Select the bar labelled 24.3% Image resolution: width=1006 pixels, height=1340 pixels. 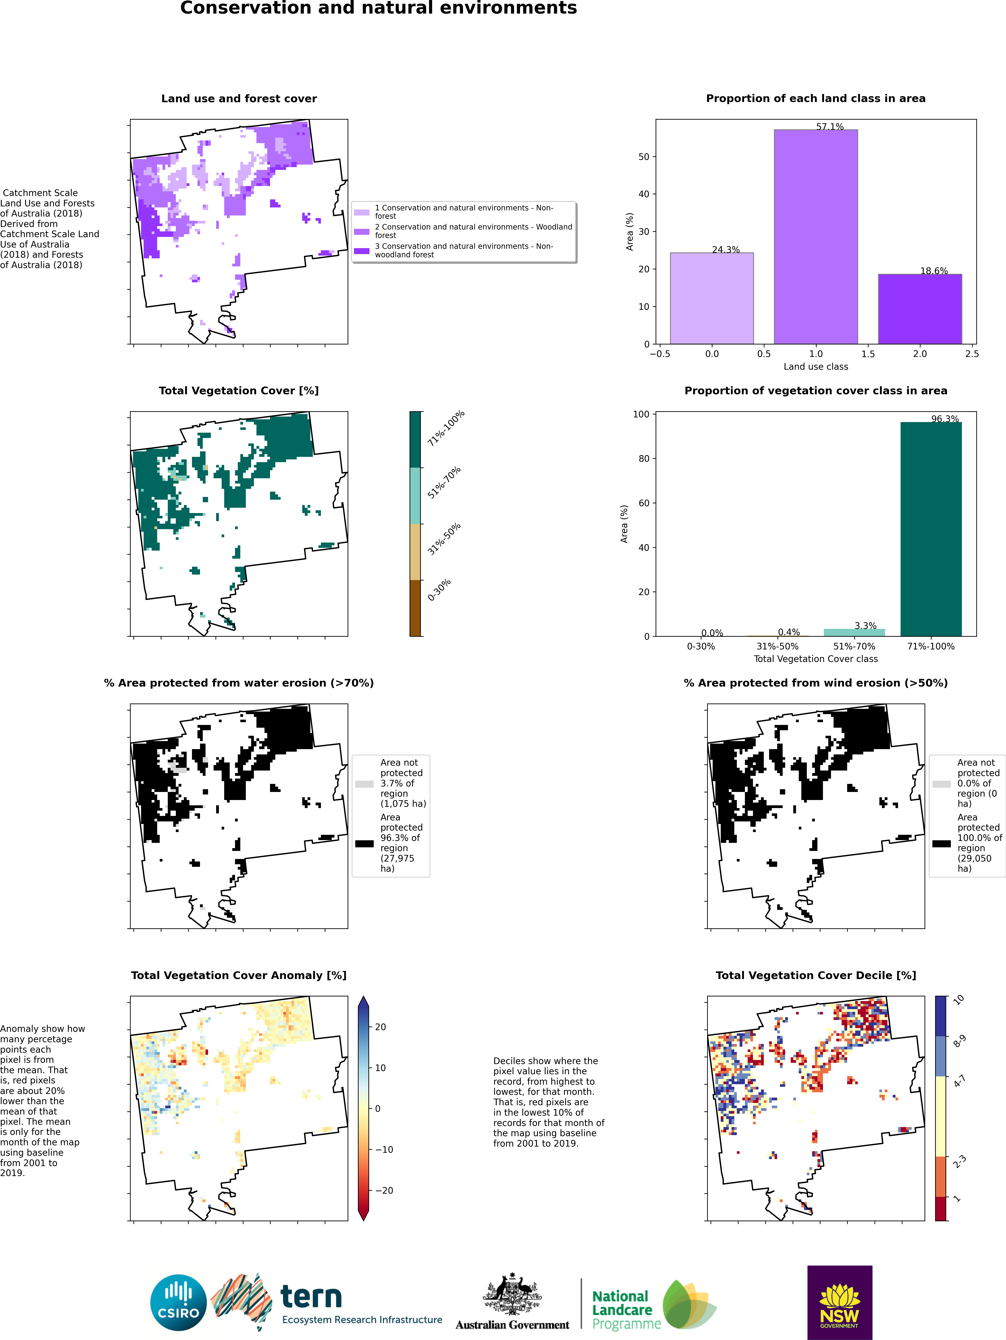click(712, 298)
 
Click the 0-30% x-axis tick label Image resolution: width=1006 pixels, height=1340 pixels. click(701, 646)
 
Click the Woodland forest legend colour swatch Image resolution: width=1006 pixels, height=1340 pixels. click(362, 231)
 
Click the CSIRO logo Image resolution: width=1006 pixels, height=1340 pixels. click(179, 1302)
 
